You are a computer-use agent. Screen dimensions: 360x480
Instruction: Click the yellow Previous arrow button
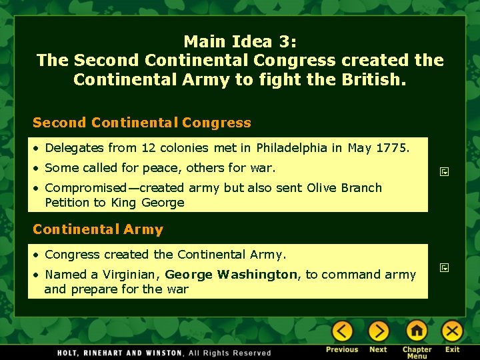click(342, 331)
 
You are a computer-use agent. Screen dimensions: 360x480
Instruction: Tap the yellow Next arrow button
click(379, 331)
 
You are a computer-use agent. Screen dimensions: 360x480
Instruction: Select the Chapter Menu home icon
click(417, 331)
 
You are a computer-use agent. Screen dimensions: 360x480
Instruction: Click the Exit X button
click(453, 331)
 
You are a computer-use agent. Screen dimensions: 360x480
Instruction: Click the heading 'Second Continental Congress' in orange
click(142, 123)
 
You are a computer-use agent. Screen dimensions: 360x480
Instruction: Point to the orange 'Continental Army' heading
click(98, 230)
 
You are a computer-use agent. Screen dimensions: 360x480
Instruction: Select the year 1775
click(393, 148)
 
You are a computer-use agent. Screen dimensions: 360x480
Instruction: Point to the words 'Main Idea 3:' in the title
click(240, 41)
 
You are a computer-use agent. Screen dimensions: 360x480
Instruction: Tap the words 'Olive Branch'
click(344, 188)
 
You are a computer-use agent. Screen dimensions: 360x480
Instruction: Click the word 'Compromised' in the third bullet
click(85, 188)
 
